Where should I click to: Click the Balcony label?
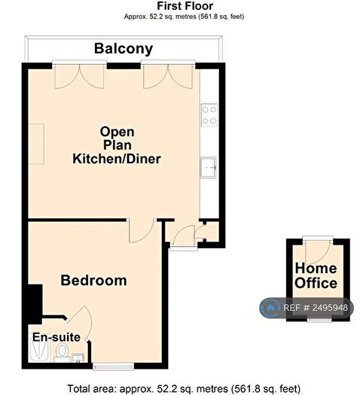(x=124, y=49)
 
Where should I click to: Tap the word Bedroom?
(x=93, y=281)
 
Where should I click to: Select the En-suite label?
(x=56, y=337)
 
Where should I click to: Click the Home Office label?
(x=316, y=275)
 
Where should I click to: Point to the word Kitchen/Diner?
(x=117, y=159)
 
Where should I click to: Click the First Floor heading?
(x=185, y=5)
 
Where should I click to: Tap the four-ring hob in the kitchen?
(x=209, y=115)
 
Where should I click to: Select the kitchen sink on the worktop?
(x=209, y=168)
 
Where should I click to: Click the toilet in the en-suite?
(x=62, y=353)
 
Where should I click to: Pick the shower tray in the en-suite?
(x=39, y=348)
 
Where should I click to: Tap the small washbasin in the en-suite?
(x=78, y=358)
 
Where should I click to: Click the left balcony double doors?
(x=79, y=75)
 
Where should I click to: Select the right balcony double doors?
(x=168, y=75)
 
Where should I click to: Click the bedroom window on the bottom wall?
(x=113, y=366)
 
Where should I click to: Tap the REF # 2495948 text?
(x=316, y=308)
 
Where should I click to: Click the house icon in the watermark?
(x=270, y=308)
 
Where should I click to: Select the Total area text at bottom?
(x=184, y=389)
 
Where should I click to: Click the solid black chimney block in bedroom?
(x=35, y=303)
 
